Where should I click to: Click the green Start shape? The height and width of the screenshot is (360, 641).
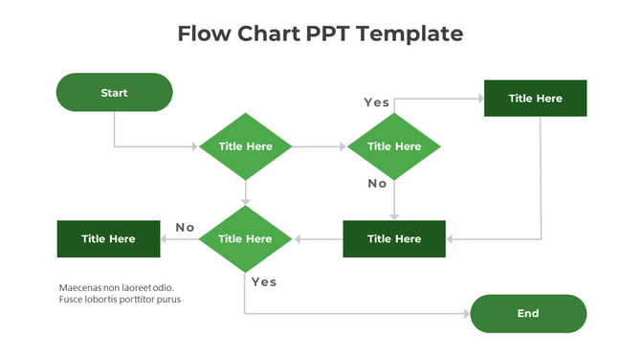click(x=114, y=93)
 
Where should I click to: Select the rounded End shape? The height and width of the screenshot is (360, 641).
click(x=528, y=313)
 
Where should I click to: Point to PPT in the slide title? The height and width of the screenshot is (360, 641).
click(x=327, y=34)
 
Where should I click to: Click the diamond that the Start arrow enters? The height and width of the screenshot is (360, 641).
click(x=246, y=146)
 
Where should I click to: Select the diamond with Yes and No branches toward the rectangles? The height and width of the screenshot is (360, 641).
click(x=393, y=146)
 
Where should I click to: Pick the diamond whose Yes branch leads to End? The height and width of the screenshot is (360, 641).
click(x=246, y=238)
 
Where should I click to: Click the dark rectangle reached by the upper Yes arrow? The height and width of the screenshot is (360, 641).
click(x=535, y=99)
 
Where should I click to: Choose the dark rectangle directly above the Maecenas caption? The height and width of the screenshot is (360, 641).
click(x=108, y=238)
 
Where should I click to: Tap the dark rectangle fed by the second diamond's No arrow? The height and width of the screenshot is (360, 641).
click(x=393, y=238)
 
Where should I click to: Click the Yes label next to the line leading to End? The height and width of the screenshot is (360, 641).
click(x=263, y=281)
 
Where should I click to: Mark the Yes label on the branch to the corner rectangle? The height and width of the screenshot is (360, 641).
click(x=376, y=101)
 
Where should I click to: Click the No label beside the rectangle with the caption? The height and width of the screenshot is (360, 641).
click(x=185, y=227)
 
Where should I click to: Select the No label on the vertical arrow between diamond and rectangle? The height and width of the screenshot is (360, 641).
click(x=377, y=183)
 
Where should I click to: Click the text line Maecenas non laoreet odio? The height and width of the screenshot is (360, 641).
click(x=116, y=287)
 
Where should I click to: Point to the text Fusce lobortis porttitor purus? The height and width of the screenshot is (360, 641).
click(x=120, y=300)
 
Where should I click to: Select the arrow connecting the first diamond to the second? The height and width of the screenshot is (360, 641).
click(x=319, y=146)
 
